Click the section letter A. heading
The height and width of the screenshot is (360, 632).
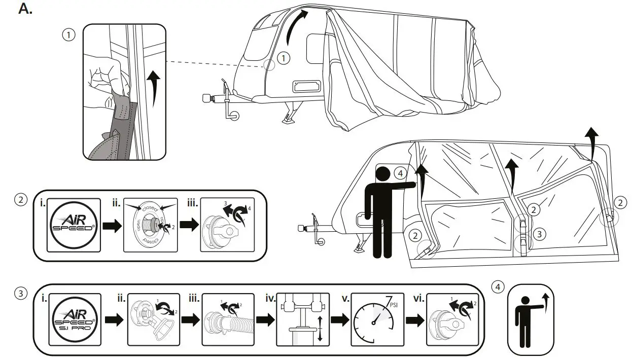pos(25,9)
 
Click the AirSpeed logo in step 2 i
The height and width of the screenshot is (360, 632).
pos(72,225)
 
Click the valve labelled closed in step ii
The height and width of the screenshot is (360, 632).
pos(151,225)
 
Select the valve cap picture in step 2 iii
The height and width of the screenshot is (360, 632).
pos(226,225)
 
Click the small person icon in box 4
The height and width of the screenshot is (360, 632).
pos(528,319)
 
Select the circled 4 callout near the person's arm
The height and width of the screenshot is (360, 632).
pos(400,174)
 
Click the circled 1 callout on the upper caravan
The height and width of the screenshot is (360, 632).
pos(284,59)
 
